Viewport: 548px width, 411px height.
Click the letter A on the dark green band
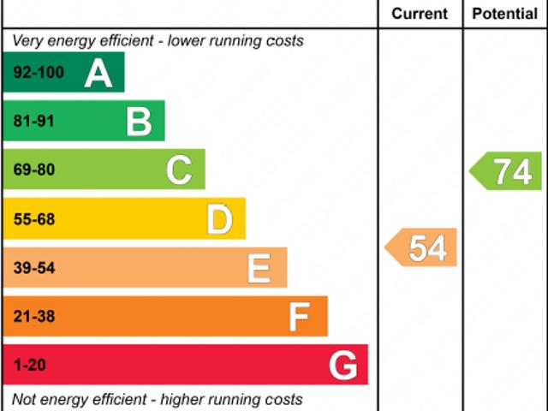click(x=98, y=74)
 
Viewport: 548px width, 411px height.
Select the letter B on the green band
click(x=139, y=122)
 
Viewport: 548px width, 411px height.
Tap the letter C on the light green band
click(x=179, y=170)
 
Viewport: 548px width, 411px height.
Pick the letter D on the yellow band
click(x=219, y=220)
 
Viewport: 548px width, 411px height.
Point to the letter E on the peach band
click(x=259, y=269)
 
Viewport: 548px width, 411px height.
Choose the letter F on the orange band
click(x=298, y=318)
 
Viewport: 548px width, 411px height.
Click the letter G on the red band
click(x=342, y=366)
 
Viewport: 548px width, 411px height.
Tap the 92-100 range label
click(x=39, y=73)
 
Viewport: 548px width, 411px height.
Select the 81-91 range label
click(x=33, y=122)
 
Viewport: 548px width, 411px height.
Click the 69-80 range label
click(x=33, y=170)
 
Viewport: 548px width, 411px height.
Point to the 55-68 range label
click(x=33, y=220)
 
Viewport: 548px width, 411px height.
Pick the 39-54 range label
click(x=33, y=269)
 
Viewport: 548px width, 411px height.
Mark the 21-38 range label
click(x=33, y=317)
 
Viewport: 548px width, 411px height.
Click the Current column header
click(x=420, y=14)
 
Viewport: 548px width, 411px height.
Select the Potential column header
click(x=505, y=14)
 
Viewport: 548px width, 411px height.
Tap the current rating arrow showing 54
click(x=421, y=248)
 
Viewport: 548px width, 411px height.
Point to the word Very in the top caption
click(x=27, y=40)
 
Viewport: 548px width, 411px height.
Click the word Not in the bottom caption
click(x=25, y=399)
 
